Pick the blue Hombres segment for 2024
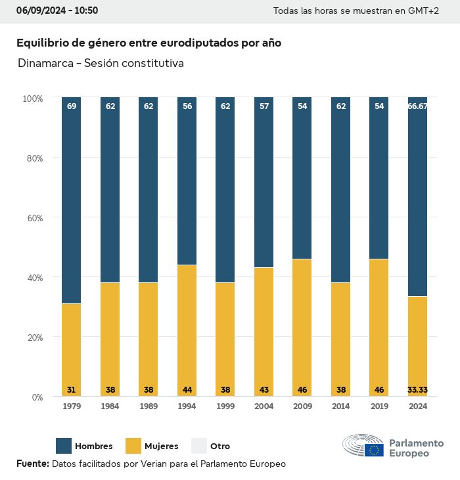pos(417,197)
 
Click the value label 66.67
pos(417,106)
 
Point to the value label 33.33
pos(417,390)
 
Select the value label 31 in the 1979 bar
pos(71,390)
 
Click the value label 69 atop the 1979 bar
pos(71,106)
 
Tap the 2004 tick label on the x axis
pos(264,406)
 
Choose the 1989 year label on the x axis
pos(149,406)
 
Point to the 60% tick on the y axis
pos(33,218)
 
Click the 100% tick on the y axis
pos(32,98)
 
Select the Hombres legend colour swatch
pos(64,446)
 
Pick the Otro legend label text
pos(220,447)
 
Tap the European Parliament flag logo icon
pos(375,450)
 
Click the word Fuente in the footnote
pos(32,464)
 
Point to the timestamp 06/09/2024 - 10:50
pos(57,11)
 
